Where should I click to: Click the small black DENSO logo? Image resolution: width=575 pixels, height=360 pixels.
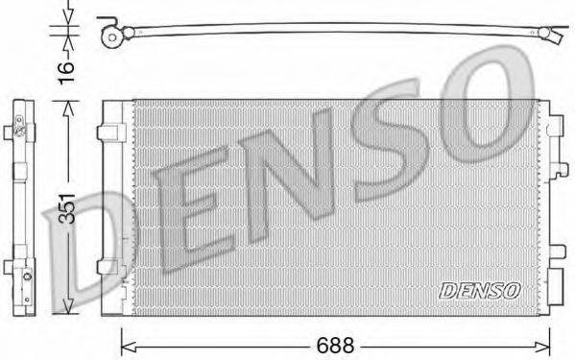tap(480, 289)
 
